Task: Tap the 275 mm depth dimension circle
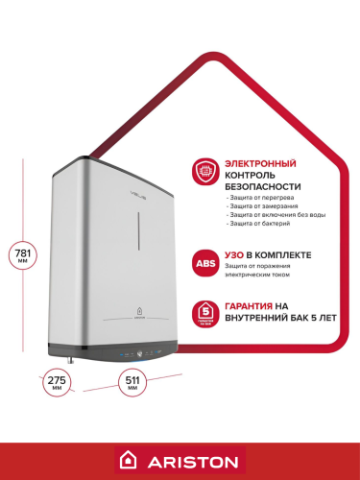click(x=58, y=381)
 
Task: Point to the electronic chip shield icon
click(x=204, y=170)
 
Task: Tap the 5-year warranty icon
click(x=204, y=312)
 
